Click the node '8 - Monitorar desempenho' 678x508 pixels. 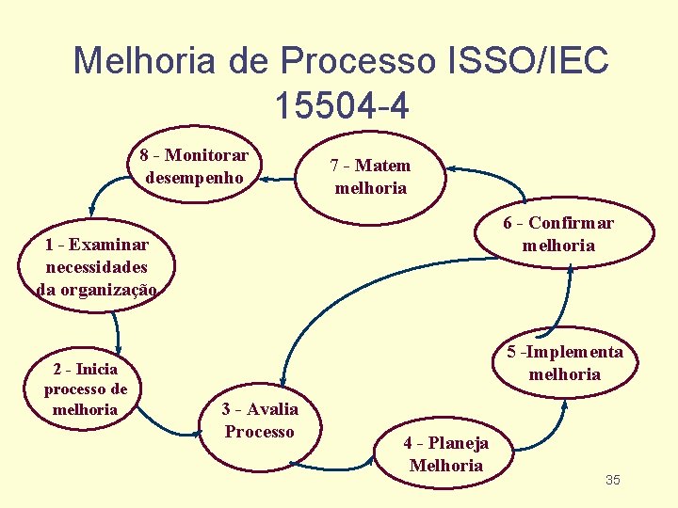click(195, 167)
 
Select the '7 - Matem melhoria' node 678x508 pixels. click(370, 177)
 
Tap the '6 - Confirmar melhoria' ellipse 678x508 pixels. click(557, 234)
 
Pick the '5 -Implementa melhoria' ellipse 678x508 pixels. click(564, 363)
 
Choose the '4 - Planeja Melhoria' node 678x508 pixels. click(445, 454)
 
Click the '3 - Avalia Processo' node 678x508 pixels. click(260, 421)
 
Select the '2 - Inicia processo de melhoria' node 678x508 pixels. click(86, 389)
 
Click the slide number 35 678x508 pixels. click(612, 481)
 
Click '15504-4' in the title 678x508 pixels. click(342, 106)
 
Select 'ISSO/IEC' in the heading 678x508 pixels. click(524, 62)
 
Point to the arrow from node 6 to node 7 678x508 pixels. click(499, 175)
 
